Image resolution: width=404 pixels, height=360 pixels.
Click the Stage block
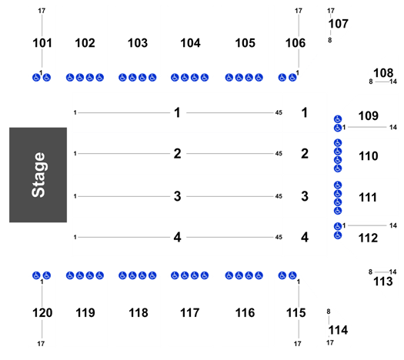38,175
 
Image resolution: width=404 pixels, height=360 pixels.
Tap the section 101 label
42,43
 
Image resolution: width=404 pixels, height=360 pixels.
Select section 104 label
190,43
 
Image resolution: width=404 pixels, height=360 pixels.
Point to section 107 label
339,24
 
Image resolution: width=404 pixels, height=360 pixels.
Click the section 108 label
383,73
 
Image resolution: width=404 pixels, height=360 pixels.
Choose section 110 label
369,156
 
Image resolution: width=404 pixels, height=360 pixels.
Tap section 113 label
383,282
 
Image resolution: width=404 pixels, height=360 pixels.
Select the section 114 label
339,330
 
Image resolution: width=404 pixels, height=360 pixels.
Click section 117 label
190,313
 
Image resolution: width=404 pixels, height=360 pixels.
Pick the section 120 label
42,313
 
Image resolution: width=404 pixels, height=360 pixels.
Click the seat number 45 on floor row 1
279,112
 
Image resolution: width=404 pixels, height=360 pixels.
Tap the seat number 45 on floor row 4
279,237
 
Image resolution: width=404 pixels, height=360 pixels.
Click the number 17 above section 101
42,11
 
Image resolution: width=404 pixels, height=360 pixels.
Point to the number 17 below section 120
41,344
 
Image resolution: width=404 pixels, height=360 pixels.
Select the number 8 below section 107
330,40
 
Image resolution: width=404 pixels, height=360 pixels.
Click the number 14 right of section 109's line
393,127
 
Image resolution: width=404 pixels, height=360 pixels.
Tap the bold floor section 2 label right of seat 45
305,154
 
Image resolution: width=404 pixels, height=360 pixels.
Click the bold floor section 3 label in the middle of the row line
177,196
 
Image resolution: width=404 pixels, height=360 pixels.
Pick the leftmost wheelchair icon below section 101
36,77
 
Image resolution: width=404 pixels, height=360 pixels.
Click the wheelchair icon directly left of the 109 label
338,119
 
